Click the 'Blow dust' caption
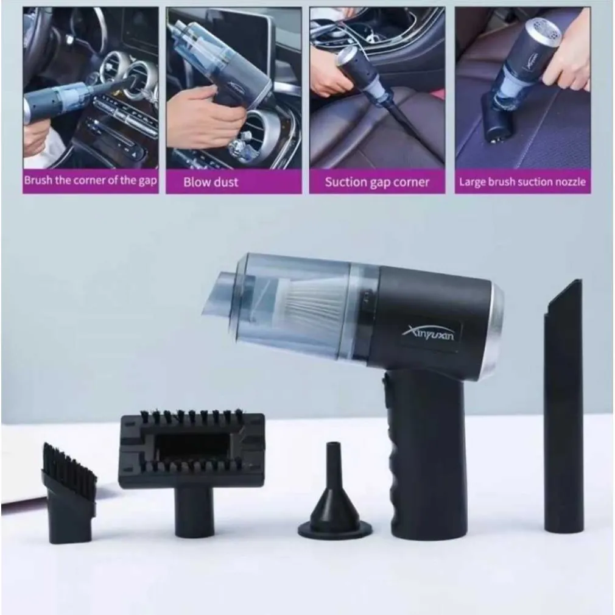pyautogui.click(x=211, y=182)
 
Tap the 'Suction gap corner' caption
pyautogui.click(x=377, y=182)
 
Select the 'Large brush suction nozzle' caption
pyautogui.click(x=522, y=182)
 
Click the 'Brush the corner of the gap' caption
pyautogui.click(x=90, y=180)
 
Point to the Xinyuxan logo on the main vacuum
pyautogui.click(x=429, y=334)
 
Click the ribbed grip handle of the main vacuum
pyautogui.click(x=424, y=455)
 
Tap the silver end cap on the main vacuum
pyautogui.click(x=496, y=325)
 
